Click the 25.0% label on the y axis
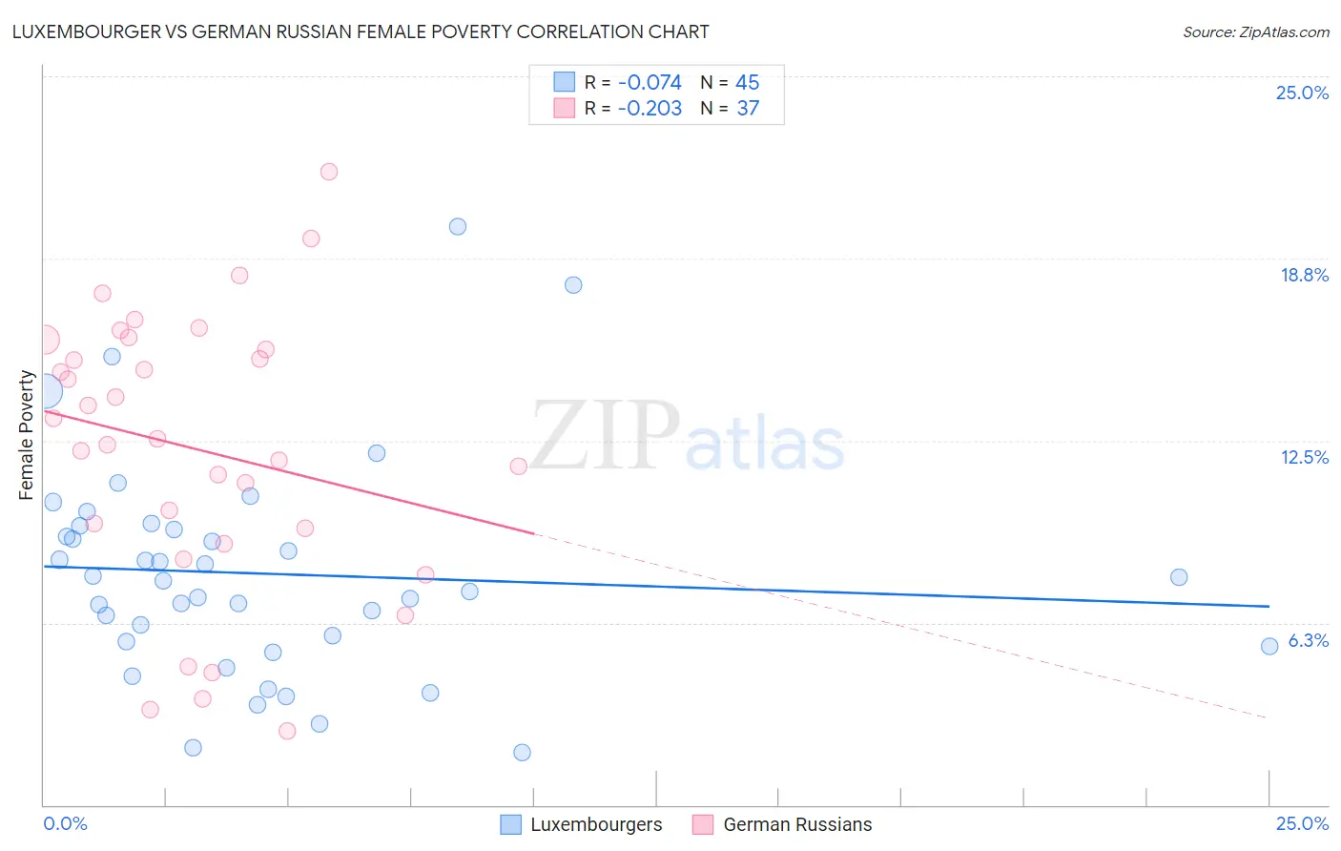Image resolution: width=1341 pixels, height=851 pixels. (1302, 93)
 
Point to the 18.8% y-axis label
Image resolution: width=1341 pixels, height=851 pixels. (1304, 275)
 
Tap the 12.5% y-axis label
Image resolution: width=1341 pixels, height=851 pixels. (1304, 457)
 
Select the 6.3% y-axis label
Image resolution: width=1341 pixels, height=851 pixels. (1308, 640)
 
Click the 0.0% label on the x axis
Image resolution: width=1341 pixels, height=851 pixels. (65, 823)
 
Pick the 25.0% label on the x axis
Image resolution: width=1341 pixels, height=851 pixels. (1302, 823)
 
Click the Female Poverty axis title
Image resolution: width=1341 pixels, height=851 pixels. (27, 435)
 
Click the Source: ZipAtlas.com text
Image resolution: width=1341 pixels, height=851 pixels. (1255, 31)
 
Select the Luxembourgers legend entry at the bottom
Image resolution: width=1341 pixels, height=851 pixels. (582, 824)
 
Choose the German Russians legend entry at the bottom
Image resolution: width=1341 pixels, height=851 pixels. (783, 824)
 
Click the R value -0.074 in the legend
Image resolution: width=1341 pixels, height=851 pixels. (650, 83)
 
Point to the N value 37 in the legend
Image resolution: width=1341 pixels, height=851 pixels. (748, 109)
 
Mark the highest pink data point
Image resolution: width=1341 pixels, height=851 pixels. (329, 172)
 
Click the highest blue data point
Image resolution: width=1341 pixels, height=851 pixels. (458, 226)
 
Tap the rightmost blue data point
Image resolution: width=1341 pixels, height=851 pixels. (1269, 646)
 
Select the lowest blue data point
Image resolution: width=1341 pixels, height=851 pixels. (522, 752)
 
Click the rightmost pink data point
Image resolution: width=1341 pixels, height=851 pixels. (519, 467)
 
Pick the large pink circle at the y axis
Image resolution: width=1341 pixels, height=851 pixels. (44, 339)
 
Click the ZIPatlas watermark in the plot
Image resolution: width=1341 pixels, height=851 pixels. (687, 437)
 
